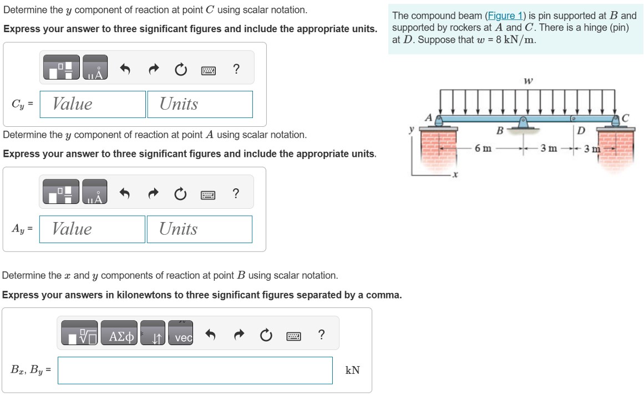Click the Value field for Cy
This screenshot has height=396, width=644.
point(93,104)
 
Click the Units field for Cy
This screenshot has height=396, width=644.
point(200,104)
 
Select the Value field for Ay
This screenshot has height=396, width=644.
point(93,229)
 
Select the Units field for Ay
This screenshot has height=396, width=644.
point(199,229)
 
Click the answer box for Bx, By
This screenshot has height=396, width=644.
point(195,370)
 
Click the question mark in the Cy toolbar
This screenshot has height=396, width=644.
point(236,69)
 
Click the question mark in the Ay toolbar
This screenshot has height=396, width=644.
point(236,193)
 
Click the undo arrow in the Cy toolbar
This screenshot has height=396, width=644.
point(125,69)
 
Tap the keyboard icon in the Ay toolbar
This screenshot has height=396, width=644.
point(209,194)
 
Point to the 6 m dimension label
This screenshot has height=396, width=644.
point(483,148)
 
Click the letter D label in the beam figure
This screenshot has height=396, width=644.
point(580,131)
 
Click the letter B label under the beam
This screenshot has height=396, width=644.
point(499,131)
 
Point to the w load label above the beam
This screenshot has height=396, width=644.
point(528,81)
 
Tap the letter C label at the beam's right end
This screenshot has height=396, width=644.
point(626,117)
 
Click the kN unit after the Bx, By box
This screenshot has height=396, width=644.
point(352,370)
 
